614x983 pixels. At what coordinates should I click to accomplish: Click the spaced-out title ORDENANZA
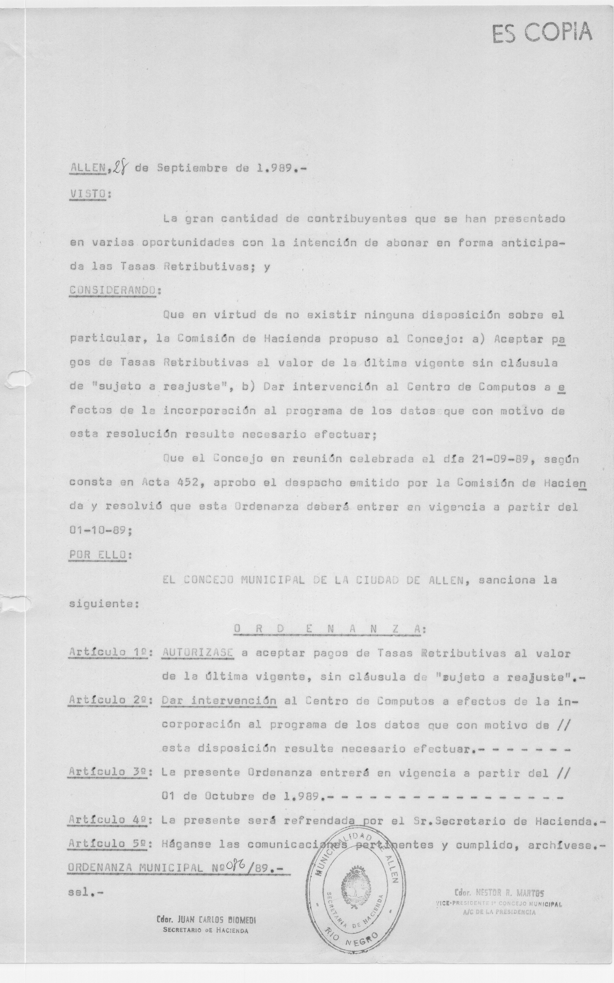[x=328, y=629]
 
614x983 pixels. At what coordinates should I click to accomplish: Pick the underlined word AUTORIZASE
[x=197, y=653]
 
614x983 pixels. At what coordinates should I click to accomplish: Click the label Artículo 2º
[x=108, y=700]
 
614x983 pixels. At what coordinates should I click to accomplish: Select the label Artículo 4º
[x=108, y=820]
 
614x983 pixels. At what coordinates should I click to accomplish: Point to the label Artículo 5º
[x=108, y=844]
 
